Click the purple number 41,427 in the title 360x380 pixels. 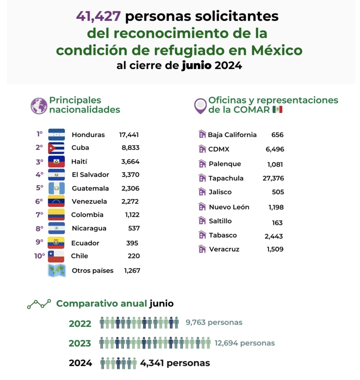coord(98,16)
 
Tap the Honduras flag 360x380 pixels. coord(56,135)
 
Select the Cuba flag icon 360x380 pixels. coord(56,148)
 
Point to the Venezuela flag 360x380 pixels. coord(56,202)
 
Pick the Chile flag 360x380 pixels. coord(56,256)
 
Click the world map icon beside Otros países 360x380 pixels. coord(57,271)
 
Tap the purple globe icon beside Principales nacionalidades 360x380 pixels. coord(39,106)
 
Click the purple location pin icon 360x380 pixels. coord(200,106)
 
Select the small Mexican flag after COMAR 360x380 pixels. coord(277,109)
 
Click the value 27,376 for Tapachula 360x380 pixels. coord(273,178)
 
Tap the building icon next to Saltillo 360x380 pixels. coord(202,221)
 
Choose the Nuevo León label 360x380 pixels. coord(229,207)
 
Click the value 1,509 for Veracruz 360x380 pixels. coord(275,249)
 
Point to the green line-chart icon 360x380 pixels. coord(39,304)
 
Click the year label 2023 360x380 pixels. coord(80,344)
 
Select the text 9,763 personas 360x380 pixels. coord(214,322)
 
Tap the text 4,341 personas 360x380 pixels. coord(175,363)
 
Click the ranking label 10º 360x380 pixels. coord(40,256)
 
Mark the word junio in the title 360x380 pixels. coord(197,66)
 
